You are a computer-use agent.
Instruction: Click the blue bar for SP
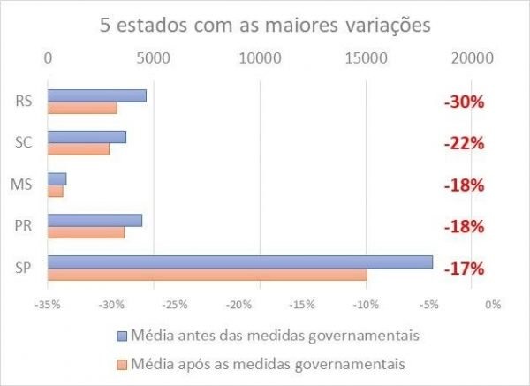click(239, 261)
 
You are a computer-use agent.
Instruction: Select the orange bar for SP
click(207, 275)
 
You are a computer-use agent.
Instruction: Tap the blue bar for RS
click(96, 95)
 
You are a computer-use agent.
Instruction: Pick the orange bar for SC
click(78, 149)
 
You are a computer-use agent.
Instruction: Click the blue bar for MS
click(57, 178)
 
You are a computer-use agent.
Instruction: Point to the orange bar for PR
click(86, 233)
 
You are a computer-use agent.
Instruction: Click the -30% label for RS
click(464, 102)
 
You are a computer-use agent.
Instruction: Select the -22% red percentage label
click(464, 143)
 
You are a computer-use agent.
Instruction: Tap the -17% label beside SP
click(464, 269)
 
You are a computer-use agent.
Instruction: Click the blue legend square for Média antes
click(123, 337)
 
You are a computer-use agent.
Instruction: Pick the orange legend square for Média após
click(123, 363)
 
